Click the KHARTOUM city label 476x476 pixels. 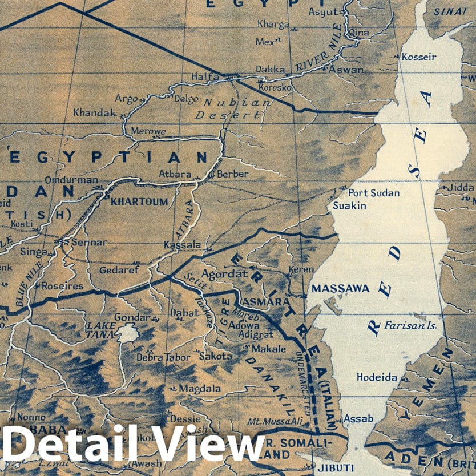[139, 201]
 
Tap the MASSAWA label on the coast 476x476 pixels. [340, 289]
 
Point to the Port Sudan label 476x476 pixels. [374, 193]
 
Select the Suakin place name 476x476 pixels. [349, 205]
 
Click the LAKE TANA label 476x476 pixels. [100, 329]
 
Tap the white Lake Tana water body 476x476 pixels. [127, 332]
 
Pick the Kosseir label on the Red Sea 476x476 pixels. [419, 57]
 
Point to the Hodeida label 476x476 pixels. [377, 377]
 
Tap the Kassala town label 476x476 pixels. [182, 245]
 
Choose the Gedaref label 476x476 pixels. [119, 270]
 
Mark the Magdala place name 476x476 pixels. [200, 388]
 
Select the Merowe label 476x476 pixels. [148, 131]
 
